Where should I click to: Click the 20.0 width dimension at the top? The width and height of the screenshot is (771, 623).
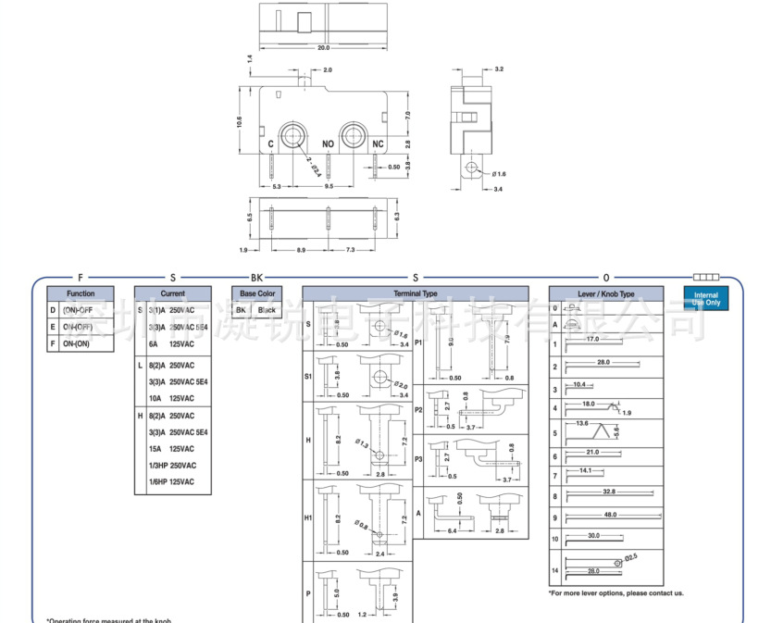click(323, 47)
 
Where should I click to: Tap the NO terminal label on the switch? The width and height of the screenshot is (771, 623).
click(328, 144)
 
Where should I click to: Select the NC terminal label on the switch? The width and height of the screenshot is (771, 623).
click(378, 144)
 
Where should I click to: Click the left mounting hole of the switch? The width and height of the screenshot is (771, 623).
click(294, 135)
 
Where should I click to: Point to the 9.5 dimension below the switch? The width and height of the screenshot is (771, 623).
click(329, 186)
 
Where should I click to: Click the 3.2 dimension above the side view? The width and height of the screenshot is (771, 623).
click(499, 69)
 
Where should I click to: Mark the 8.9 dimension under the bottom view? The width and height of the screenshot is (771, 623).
click(302, 250)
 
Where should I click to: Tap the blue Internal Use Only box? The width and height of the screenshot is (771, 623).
click(705, 298)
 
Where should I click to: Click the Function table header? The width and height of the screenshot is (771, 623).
click(81, 293)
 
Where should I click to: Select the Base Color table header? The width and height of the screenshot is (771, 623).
click(257, 293)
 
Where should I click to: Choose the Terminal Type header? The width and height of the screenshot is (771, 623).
click(416, 293)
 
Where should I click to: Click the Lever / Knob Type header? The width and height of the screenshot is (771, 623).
click(606, 293)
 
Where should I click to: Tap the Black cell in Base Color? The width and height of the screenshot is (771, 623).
click(267, 310)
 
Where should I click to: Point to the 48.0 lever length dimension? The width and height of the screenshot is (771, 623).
click(610, 515)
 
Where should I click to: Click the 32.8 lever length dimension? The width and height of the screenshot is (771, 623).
click(608, 492)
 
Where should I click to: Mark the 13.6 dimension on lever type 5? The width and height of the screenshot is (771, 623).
click(581, 423)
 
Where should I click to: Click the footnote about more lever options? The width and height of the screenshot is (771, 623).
click(616, 592)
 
